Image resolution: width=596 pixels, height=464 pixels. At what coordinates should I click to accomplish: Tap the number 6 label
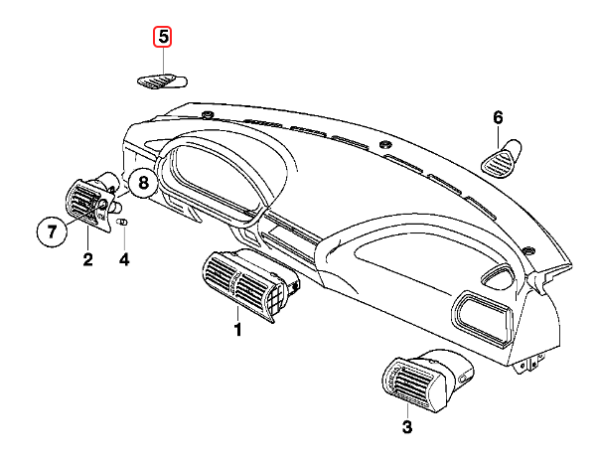click(500, 117)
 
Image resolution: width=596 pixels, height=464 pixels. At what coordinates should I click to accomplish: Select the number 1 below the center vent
click(237, 329)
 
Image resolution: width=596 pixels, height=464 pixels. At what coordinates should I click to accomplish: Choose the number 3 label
click(405, 428)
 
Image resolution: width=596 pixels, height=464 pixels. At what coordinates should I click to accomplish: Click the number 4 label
click(123, 260)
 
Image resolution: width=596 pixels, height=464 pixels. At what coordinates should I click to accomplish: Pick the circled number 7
click(52, 233)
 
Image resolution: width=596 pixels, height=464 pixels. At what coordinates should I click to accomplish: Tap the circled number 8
click(142, 183)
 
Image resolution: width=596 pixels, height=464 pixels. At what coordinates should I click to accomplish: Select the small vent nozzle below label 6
click(505, 157)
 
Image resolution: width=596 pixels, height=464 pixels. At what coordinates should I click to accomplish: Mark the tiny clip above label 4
click(123, 224)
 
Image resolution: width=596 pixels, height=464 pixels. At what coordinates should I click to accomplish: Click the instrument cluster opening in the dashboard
click(214, 174)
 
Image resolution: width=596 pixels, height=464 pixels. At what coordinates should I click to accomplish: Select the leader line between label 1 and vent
click(237, 313)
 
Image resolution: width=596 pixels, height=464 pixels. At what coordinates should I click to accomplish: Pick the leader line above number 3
click(405, 410)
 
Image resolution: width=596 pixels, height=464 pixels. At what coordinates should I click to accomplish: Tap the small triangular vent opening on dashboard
click(494, 277)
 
